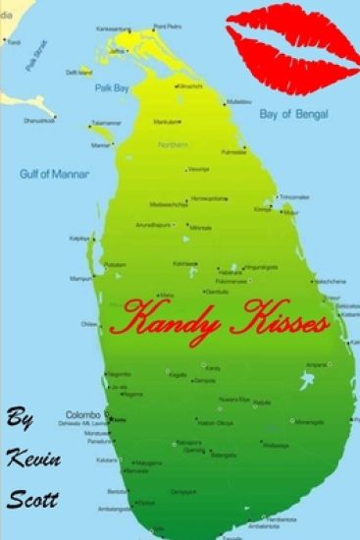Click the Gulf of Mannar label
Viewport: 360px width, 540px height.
tap(54, 174)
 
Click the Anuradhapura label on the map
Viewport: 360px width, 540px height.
tap(154, 225)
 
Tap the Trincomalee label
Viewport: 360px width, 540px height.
tap(294, 196)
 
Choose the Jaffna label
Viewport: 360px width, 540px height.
tap(119, 50)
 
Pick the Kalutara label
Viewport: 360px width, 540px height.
tap(106, 459)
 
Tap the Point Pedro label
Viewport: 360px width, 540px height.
tap(169, 27)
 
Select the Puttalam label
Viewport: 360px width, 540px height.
tap(116, 264)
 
